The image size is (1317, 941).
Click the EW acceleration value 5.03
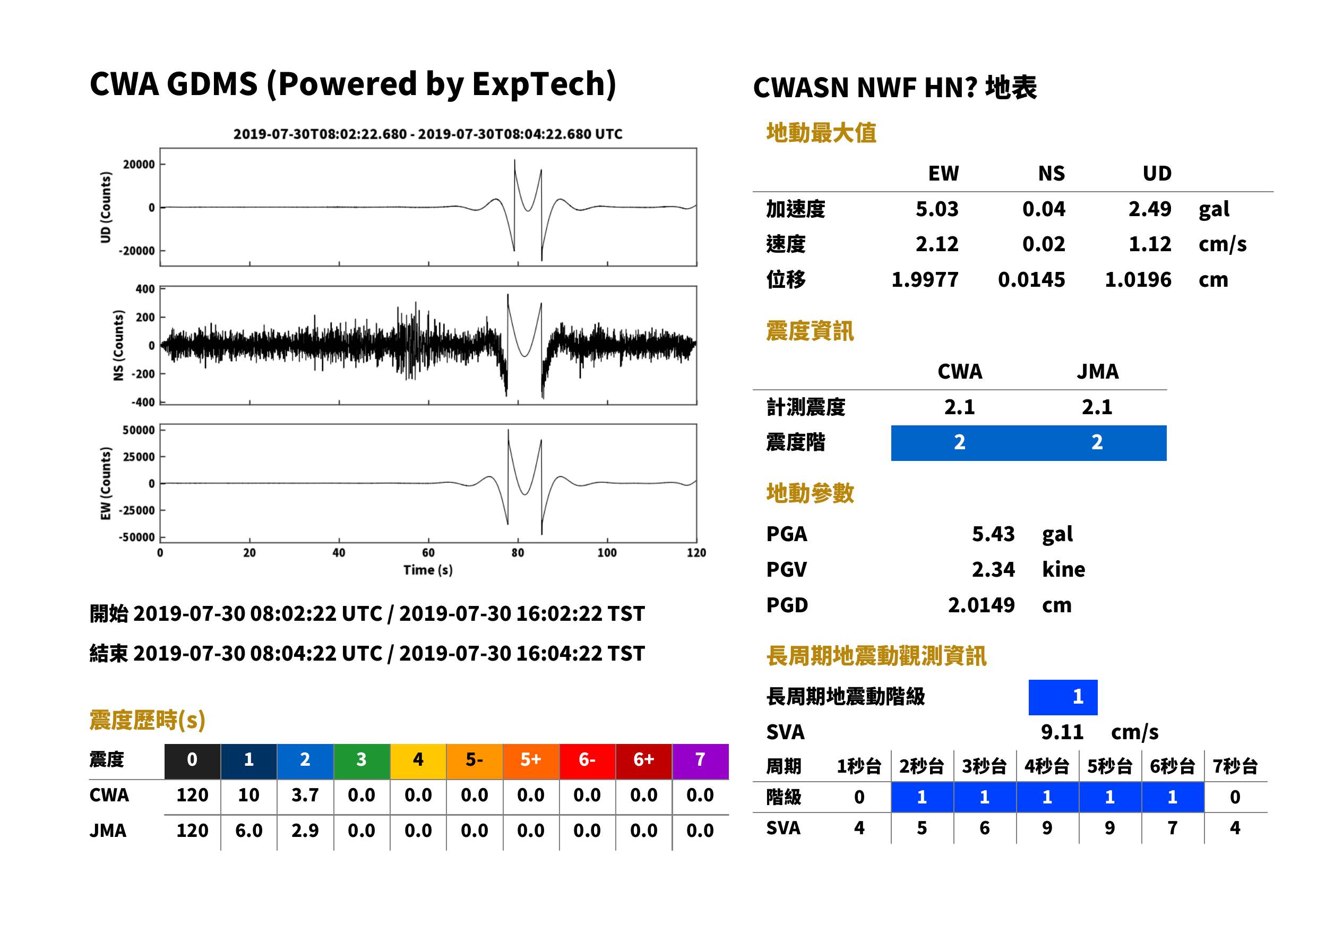(x=936, y=209)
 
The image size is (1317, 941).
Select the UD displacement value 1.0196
(x=1138, y=280)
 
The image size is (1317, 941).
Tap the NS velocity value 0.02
(x=1044, y=244)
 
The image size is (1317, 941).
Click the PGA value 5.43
(x=993, y=534)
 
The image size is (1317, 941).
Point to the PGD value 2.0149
(x=981, y=605)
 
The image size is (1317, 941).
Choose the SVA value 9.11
(x=1062, y=732)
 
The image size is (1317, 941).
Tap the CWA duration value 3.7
(x=305, y=795)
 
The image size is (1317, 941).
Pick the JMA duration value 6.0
(x=249, y=831)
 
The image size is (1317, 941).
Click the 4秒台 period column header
(x=1046, y=766)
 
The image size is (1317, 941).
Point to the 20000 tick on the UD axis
(x=139, y=165)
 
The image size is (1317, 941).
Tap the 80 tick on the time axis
(x=518, y=553)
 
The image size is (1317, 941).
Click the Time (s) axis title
(x=428, y=570)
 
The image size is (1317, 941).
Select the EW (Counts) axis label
(x=106, y=483)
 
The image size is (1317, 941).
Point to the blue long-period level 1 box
(x=1063, y=697)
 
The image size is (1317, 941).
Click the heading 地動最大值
(x=821, y=133)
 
